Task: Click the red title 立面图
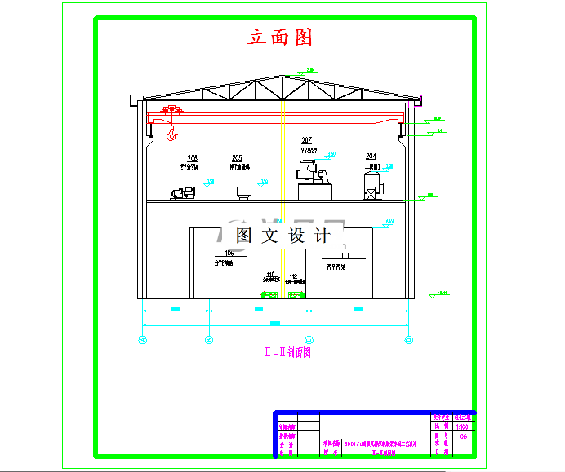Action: point(280,37)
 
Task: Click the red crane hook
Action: point(171,133)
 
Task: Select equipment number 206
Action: point(192,158)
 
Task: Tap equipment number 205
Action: point(237,158)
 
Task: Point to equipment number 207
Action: point(307,140)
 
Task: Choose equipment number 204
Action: point(371,157)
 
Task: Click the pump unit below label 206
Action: point(183,193)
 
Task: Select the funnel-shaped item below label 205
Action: point(243,192)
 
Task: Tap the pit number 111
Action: point(345,256)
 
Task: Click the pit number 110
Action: point(271,275)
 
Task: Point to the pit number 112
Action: point(293,275)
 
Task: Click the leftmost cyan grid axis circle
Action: point(144,339)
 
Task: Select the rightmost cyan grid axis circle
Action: point(407,339)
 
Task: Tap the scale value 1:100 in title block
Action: point(463,426)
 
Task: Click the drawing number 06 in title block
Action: point(463,436)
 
